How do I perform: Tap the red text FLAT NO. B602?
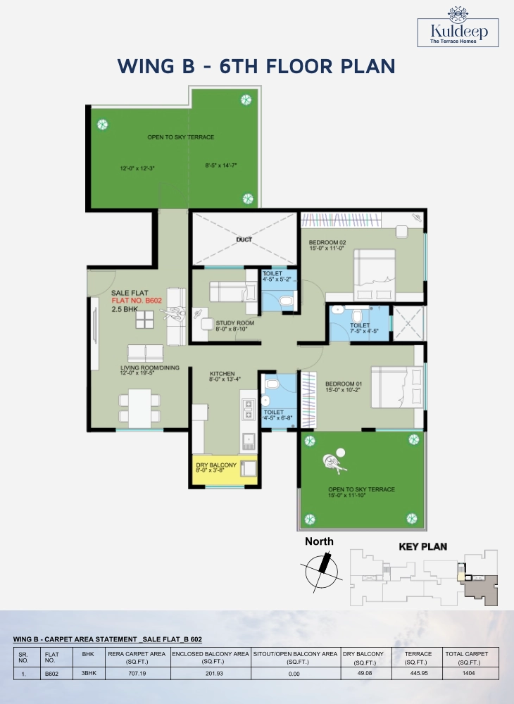coord(137,301)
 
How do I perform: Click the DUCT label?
coord(244,240)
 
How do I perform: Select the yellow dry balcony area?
coord(225,470)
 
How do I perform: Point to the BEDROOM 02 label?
coord(327,242)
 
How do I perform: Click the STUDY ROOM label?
coord(234,323)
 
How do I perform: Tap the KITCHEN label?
coord(222,374)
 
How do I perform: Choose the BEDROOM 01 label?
coord(344,384)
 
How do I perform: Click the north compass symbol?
coord(320,571)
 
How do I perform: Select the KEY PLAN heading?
coord(423,546)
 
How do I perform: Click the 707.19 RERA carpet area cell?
coord(137,674)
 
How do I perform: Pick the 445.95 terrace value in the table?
coord(419,673)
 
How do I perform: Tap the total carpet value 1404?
coord(469,673)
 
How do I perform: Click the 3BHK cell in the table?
coord(89,673)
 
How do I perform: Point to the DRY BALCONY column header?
coord(363,658)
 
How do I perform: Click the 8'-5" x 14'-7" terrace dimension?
coord(221,165)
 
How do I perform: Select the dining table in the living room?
coord(139,408)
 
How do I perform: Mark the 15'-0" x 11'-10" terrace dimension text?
coord(347,495)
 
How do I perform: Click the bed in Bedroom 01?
coord(397,387)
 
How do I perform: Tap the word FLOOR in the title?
coord(299,66)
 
